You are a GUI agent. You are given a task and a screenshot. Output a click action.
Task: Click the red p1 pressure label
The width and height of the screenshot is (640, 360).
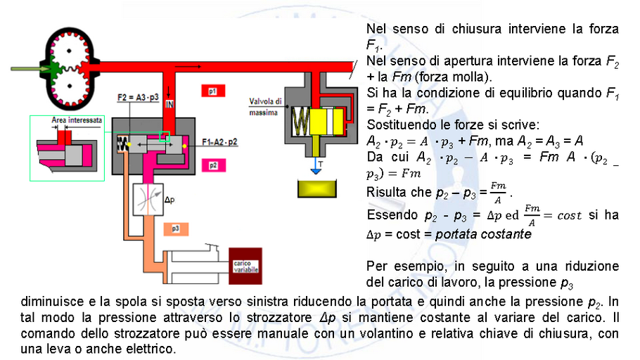tap(212, 91)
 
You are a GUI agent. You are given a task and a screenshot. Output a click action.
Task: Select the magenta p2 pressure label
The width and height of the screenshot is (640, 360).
tap(212, 165)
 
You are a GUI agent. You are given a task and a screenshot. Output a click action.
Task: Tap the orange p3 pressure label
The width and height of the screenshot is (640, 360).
tap(174, 229)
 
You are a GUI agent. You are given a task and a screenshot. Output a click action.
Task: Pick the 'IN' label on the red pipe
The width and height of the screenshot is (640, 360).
tap(169, 105)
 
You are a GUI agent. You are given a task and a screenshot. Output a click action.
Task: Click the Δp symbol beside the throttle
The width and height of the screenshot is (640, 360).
tap(169, 199)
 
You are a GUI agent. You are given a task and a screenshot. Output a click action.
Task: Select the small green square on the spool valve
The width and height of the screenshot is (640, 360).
tap(165, 136)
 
